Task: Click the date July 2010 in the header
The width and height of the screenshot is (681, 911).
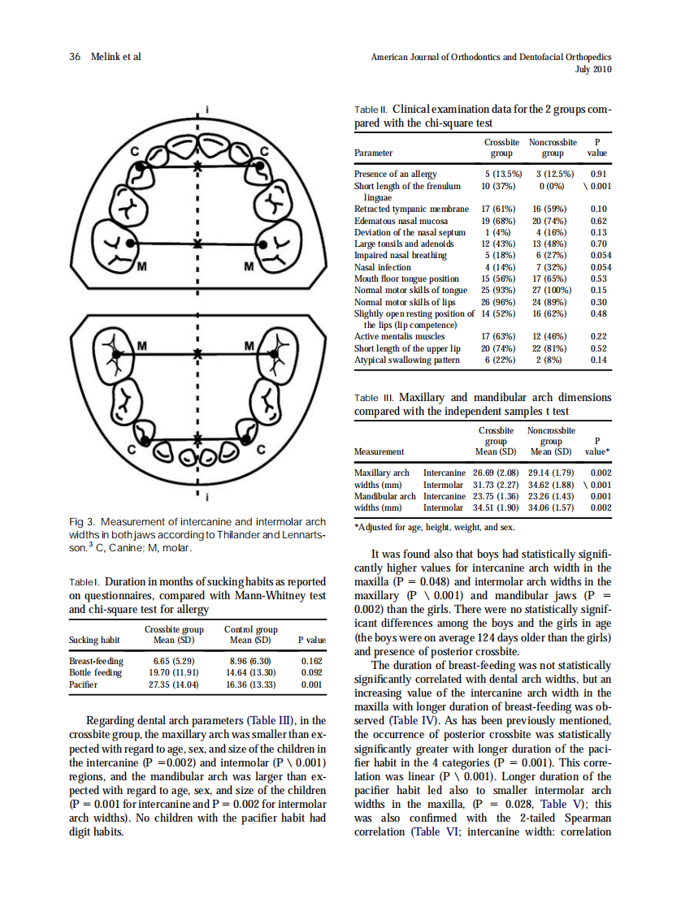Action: pos(592,69)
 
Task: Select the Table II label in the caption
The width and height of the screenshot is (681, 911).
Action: pos(371,110)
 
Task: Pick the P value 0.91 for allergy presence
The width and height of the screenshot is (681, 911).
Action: pos(598,174)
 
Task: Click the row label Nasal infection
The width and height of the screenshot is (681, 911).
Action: pos(383,267)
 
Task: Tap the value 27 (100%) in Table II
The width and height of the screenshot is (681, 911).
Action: pos(552,290)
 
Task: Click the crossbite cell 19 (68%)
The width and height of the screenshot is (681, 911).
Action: pos(496,220)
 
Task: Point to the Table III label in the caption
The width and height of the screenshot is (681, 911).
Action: pos(373,399)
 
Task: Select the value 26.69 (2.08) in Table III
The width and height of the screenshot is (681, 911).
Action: pos(496,473)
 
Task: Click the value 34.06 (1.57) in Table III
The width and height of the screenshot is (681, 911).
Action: pos(552,508)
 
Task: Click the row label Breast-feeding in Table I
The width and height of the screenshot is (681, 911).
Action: pos(97,661)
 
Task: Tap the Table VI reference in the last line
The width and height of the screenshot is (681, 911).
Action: pos(435,832)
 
